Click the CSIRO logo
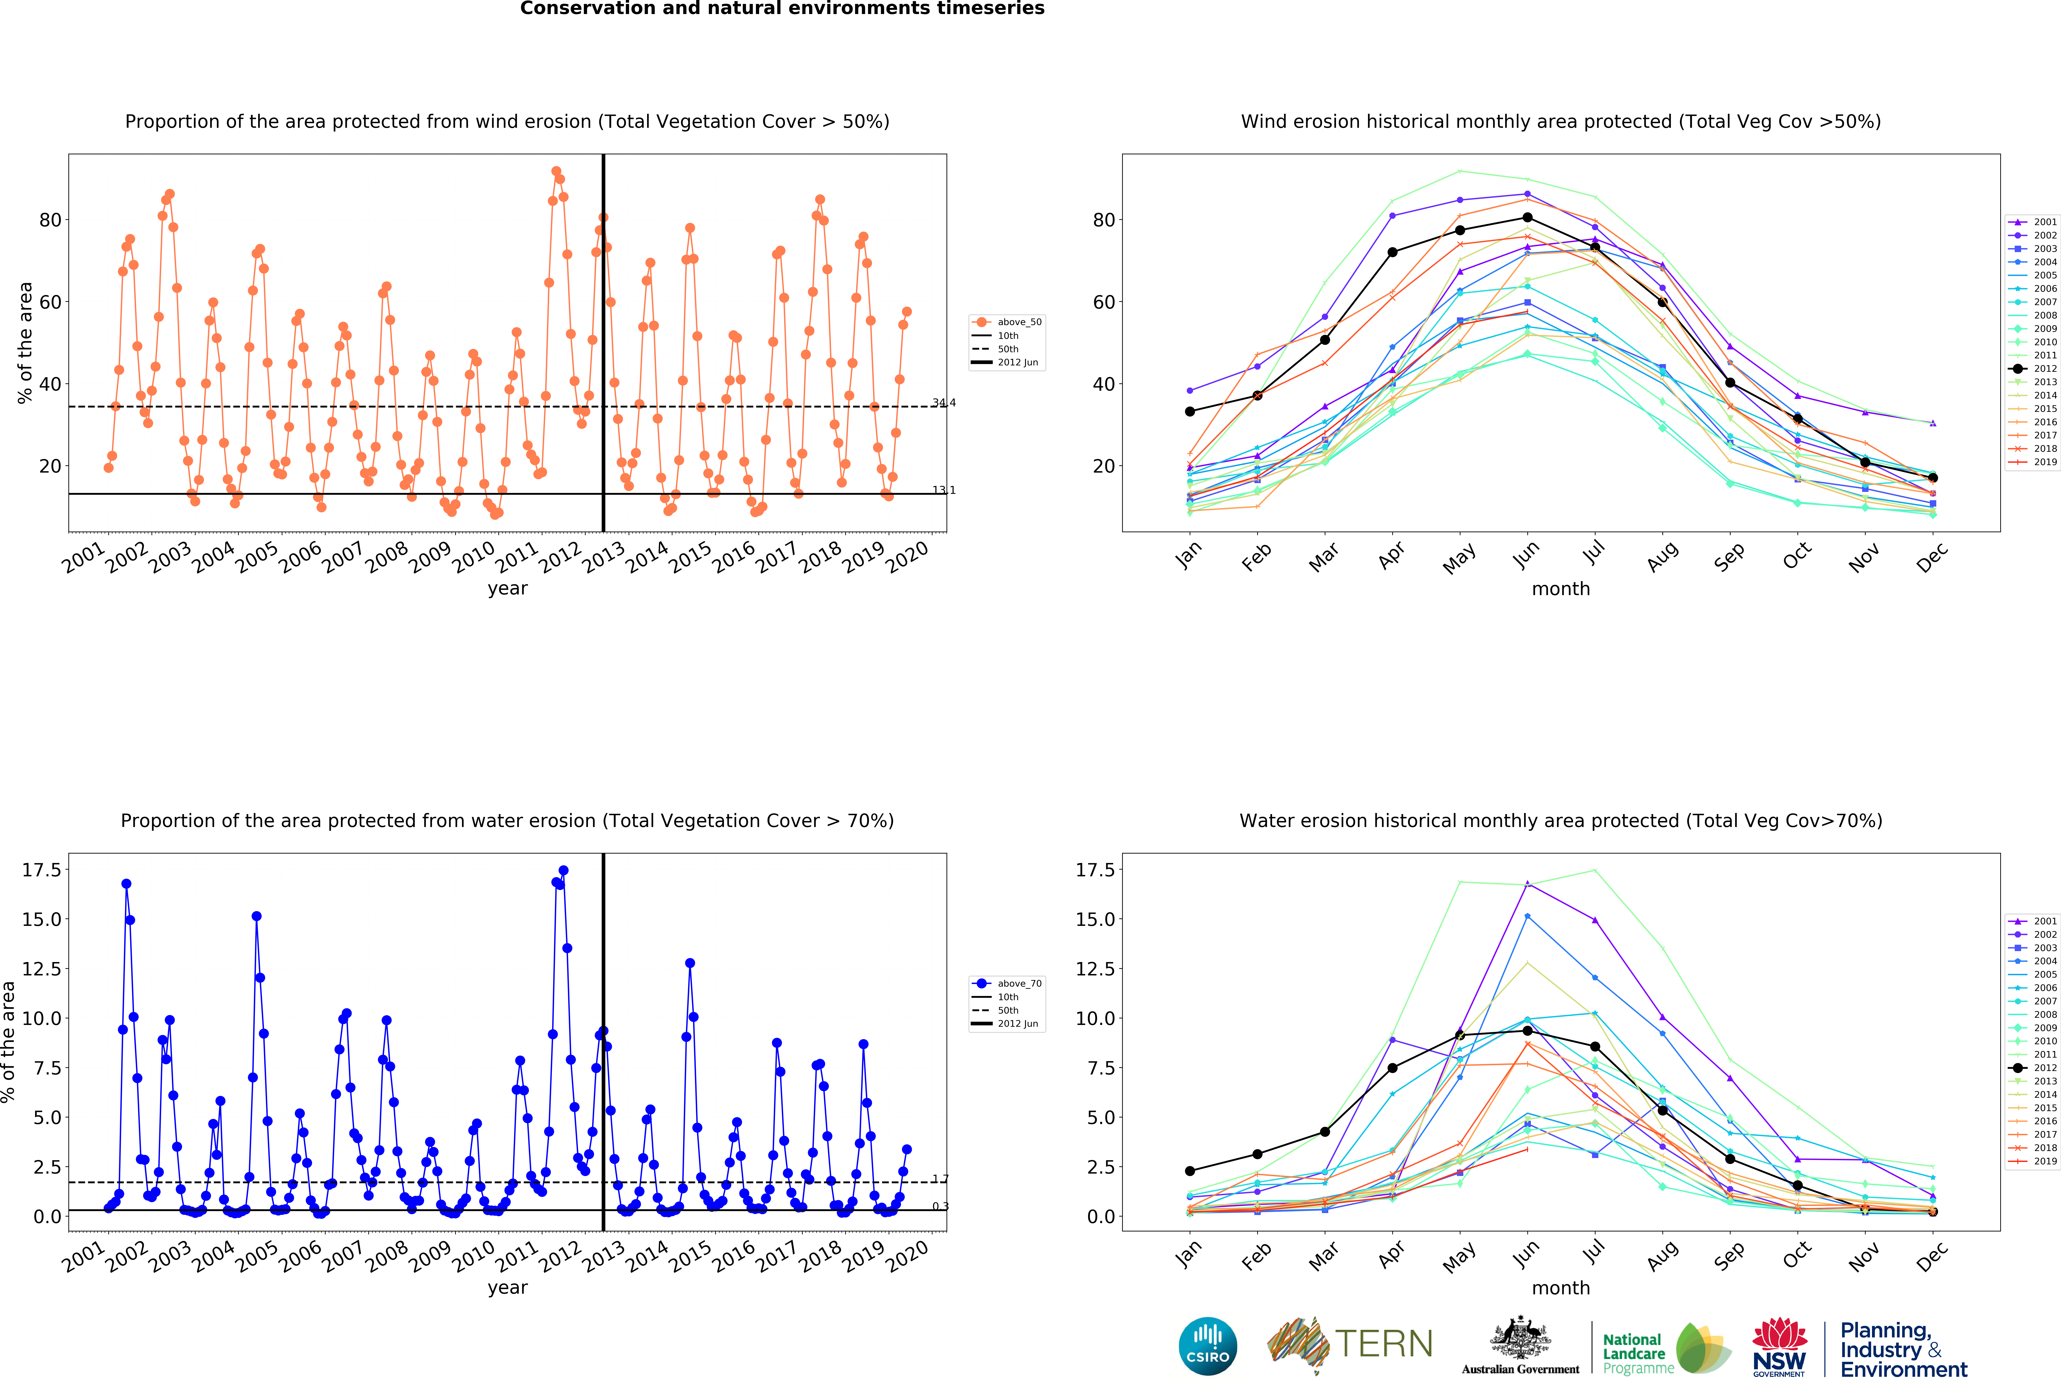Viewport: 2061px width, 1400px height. click(x=1208, y=1346)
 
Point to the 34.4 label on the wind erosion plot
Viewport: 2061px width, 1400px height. click(x=944, y=402)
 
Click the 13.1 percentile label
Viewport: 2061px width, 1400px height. click(x=944, y=490)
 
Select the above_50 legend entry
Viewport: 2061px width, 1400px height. click(x=1007, y=322)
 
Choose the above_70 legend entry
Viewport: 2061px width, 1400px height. click(x=1007, y=983)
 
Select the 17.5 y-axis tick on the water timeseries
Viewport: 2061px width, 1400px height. click(x=42, y=870)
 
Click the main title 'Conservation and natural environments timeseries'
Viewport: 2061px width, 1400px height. click(x=782, y=9)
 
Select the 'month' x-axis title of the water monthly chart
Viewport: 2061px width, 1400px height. click(x=1561, y=1287)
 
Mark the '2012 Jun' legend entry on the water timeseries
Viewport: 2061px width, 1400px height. click(x=1007, y=1023)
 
